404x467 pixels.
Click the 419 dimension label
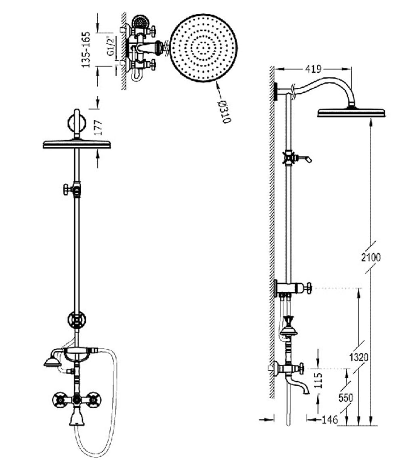(x=313, y=69)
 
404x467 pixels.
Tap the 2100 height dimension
(x=371, y=257)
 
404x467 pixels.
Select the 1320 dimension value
(x=358, y=357)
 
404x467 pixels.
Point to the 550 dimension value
(x=346, y=398)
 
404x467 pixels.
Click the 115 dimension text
(x=318, y=380)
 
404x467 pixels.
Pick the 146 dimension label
(x=330, y=420)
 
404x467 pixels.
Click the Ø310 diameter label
(x=225, y=112)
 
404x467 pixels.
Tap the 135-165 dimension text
(x=86, y=50)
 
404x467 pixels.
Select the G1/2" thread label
(x=110, y=46)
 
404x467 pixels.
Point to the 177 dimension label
(x=98, y=127)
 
